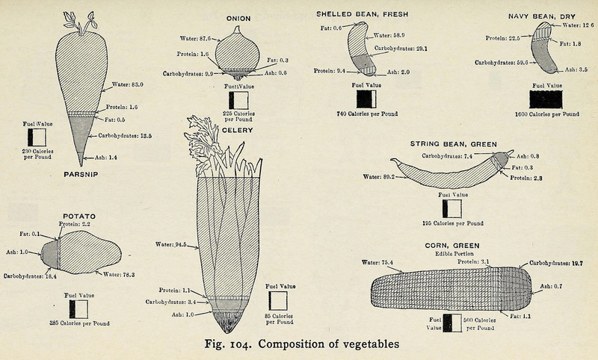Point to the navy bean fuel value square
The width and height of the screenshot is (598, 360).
coord(546,99)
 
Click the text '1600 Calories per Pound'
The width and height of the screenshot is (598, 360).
coord(546,114)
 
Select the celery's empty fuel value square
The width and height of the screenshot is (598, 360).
coord(278,300)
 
